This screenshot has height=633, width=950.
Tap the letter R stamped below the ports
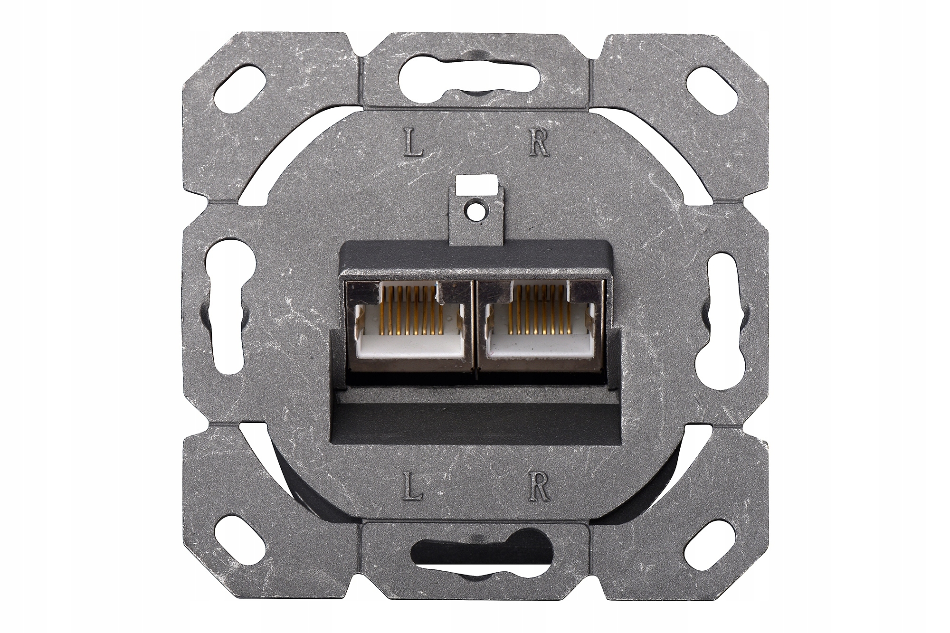[x=539, y=486]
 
